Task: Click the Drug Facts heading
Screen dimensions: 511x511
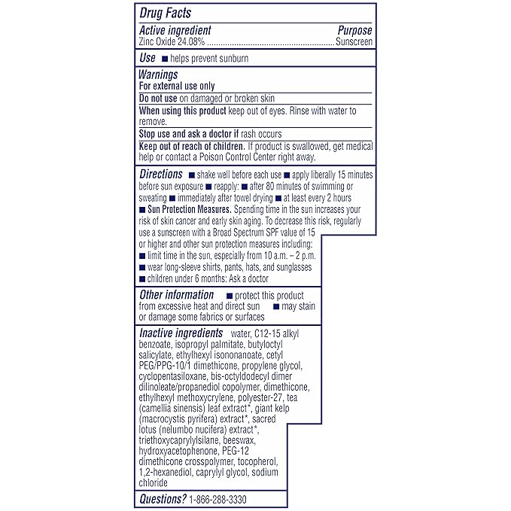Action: pos(166,12)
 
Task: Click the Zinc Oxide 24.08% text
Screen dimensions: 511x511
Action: pos(170,42)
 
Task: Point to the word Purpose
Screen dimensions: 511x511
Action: pos(354,31)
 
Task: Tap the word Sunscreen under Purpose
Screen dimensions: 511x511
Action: pos(354,42)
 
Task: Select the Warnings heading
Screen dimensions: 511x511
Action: pos(158,75)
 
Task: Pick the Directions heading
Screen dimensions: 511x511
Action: pos(161,175)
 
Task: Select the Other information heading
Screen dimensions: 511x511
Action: pos(176,295)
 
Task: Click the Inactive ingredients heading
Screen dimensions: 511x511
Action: pos(181,333)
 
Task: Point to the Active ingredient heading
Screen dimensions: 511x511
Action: pos(175,31)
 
